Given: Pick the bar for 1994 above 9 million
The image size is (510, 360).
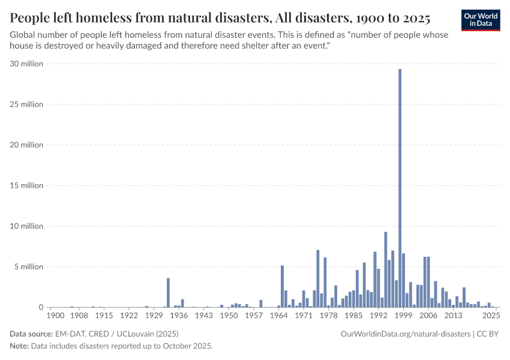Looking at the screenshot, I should pyautogui.click(x=386, y=269).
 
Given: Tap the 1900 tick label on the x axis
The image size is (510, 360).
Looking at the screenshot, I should pyautogui.click(x=54, y=316).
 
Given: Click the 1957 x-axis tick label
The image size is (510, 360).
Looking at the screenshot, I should pyautogui.click(x=254, y=316).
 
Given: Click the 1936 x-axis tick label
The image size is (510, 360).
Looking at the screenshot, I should pyautogui.click(x=179, y=316).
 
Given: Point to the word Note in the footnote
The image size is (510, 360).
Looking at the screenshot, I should pyautogui.click(x=19, y=346).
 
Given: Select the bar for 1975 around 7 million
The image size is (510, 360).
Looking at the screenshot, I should pyautogui.click(x=318, y=278).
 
